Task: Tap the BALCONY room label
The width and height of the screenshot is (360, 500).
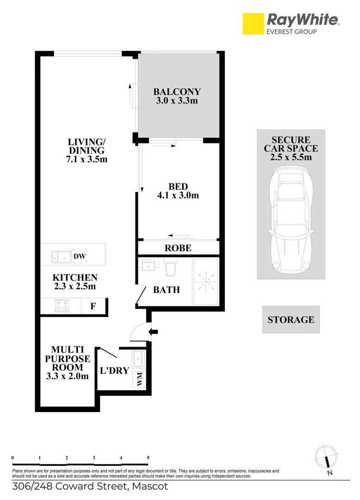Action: [x=177, y=92]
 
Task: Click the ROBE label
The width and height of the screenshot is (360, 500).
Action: [x=178, y=248]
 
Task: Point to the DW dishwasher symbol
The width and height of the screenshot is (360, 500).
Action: [x=80, y=256]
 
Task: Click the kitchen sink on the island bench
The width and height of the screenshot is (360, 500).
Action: [x=61, y=256]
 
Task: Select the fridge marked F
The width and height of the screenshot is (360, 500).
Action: [x=93, y=306]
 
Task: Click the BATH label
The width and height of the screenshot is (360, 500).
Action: [x=167, y=290]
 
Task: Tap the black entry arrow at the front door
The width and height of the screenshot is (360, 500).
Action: [x=154, y=331]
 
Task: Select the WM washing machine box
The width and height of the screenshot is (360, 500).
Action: [x=139, y=380]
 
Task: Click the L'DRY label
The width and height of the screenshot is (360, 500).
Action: [x=114, y=371]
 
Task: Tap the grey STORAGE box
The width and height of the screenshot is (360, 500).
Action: [x=291, y=319]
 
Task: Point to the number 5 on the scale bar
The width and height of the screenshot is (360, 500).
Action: [x=148, y=458]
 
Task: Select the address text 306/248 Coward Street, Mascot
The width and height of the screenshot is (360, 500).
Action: [x=90, y=487]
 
